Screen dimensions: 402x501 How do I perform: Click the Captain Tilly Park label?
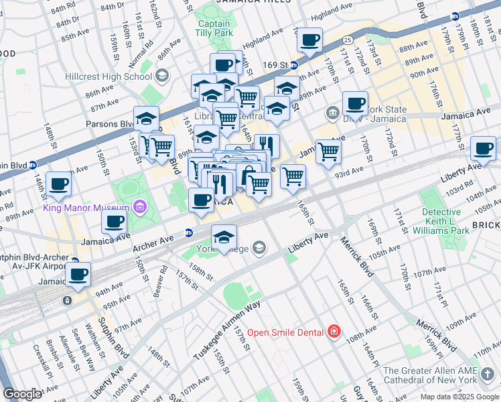214,27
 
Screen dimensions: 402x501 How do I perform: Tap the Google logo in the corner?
22,394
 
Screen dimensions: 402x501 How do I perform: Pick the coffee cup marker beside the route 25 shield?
309,40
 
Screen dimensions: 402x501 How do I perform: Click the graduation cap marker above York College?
224,236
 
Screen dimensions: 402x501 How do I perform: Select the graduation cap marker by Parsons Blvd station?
146,119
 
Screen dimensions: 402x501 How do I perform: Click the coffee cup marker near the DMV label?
355,104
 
